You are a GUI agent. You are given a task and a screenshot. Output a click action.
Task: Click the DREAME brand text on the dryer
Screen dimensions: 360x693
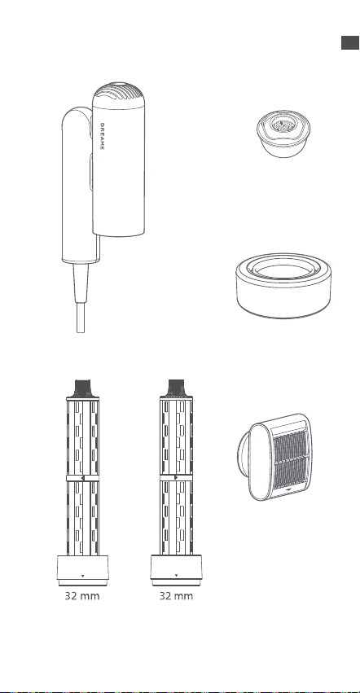pos(102,136)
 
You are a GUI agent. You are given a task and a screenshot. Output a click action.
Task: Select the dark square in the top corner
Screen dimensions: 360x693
pos(350,42)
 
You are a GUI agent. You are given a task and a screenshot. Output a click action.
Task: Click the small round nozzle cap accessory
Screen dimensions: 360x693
pos(283,134)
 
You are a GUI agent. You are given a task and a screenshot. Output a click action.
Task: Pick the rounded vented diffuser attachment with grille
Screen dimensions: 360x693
pos(275,457)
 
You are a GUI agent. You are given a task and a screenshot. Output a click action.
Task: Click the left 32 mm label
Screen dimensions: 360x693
pos(82,596)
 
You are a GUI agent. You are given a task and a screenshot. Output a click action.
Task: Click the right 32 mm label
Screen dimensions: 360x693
pos(176,596)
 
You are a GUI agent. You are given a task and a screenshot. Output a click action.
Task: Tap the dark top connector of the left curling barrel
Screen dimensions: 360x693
pos(83,388)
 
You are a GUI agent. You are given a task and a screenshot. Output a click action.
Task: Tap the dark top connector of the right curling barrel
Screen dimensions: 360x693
pos(176,388)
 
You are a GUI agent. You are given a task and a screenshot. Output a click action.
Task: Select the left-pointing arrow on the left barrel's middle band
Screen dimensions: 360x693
pos(82,478)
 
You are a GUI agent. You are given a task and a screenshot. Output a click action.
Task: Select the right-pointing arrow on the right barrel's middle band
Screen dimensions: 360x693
pos(177,478)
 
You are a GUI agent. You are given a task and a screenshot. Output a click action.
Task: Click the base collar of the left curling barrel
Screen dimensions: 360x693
pos(83,570)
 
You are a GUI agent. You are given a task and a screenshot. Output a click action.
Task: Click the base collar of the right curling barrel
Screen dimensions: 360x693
pos(176,570)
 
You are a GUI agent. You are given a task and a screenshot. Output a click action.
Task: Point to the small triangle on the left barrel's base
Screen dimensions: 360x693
pos(83,576)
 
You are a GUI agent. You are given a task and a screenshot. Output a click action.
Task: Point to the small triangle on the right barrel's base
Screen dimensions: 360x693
pos(177,576)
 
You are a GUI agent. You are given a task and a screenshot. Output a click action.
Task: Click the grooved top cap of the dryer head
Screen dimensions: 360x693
pos(119,94)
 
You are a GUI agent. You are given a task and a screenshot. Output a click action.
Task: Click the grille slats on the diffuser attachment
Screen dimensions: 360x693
pos(288,459)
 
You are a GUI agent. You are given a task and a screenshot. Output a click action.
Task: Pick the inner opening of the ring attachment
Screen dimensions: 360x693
pos(283,271)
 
